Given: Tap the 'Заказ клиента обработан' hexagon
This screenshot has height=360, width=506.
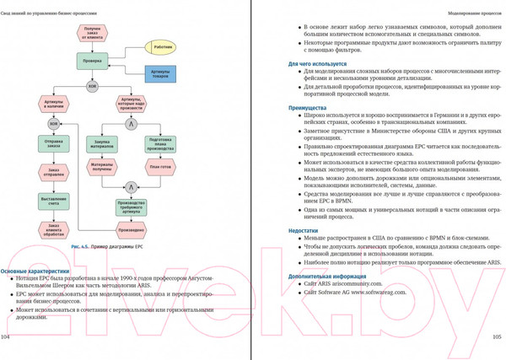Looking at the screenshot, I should (54, 228).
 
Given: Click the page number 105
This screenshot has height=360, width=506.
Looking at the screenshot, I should (497, 336).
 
